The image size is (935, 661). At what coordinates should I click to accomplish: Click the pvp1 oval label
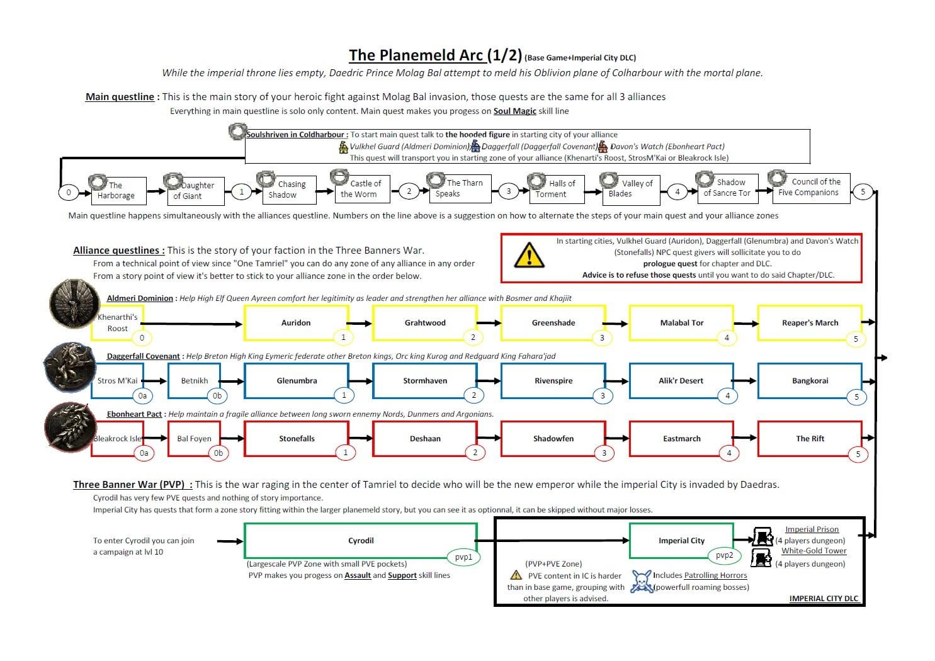[x=463, y=557]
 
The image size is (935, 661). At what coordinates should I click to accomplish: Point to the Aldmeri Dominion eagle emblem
[x=74, y=303]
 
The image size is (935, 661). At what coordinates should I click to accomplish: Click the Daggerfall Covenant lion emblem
[x=70, y=368]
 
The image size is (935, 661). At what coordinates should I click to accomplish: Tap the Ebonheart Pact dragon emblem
[x=70, y=427]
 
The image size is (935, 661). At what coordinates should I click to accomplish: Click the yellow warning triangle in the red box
[x=530, y=256]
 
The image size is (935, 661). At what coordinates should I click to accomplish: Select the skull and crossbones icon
[x=641, y=581]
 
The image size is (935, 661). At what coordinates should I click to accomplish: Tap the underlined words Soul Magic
[x=514, y=111]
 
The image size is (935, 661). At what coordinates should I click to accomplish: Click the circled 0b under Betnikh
[x=217, y=395]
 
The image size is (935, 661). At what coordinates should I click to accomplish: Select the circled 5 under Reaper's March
[x=856, y=339]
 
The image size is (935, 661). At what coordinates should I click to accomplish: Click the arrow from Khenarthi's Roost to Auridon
[x=191, y=324]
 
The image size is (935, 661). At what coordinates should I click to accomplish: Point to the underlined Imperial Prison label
[x=812, y=529]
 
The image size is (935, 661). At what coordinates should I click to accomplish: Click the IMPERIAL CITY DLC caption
[x=824, y=599]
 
